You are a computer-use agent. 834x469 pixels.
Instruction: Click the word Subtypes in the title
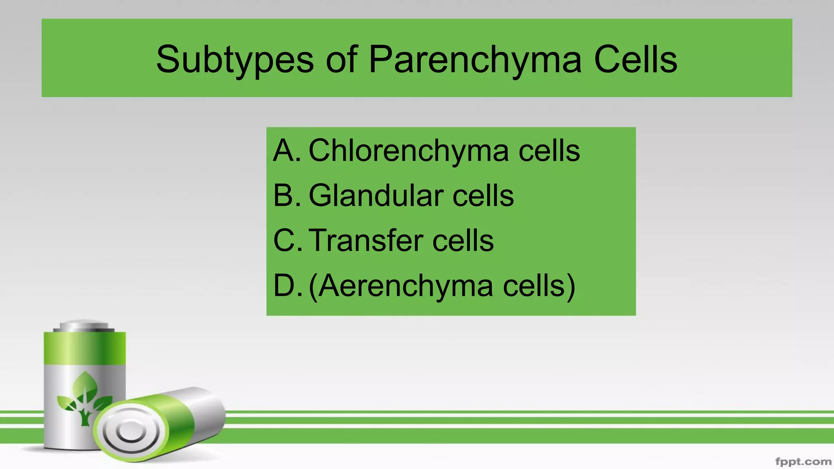(x=235, y=60)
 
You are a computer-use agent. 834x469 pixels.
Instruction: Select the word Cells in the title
(x=635, y=60)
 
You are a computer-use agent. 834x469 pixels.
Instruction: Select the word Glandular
(x=376, y=195)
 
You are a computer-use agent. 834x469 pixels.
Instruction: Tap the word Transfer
(x=365, y=240)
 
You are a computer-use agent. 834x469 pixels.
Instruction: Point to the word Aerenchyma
(x=405, y=286)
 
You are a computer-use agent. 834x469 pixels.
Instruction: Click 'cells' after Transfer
(x=463, y=240)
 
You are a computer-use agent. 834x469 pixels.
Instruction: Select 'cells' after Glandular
(x=483, y=195)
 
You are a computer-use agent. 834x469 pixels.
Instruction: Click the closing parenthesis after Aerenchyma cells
(x=571, y=286)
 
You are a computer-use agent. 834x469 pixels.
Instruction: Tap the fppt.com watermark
(x=803, y=462)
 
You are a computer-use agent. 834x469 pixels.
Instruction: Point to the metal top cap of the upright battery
(x=84, y=326)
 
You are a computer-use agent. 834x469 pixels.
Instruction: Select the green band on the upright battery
(x=85, y=348)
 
